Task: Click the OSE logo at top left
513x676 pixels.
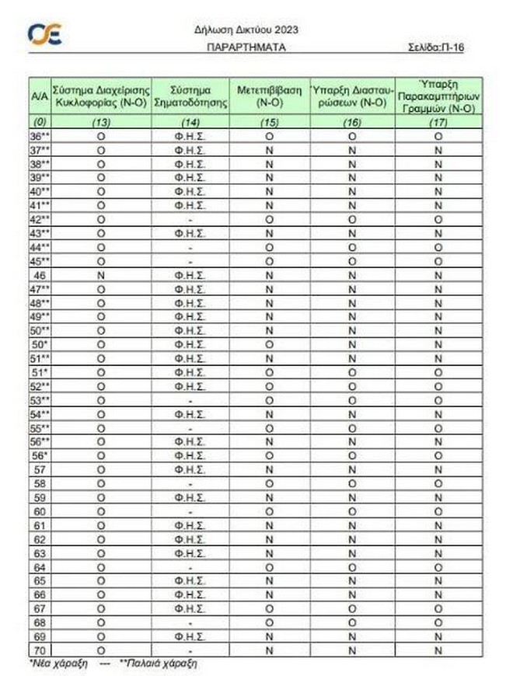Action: pos(45,34)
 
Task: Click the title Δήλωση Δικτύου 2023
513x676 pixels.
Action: pos(246,30)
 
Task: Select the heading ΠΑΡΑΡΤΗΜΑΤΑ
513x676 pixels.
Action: pos(246,47)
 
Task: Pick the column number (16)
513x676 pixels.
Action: pos(351,122)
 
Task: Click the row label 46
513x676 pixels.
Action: pos(40,275)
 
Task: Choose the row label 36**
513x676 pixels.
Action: pos(40,135)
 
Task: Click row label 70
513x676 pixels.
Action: pos(40,649)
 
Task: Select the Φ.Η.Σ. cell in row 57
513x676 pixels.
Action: pos(190,469)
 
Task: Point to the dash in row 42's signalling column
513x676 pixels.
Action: pos(190,219)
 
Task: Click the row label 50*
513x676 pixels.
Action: pos(40,343)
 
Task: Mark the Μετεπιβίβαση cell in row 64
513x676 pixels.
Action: pos(269,567)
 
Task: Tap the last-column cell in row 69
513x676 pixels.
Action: pos(438,636)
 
